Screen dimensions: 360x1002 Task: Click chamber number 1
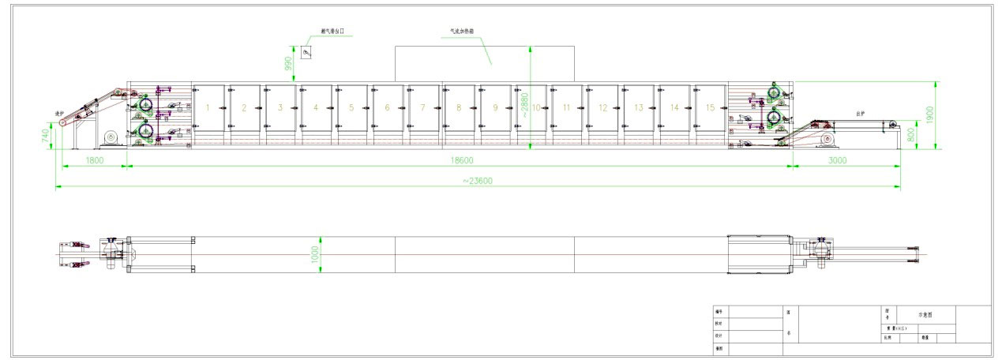click(x=207, y=107)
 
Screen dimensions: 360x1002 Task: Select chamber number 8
click(x=459, y=107)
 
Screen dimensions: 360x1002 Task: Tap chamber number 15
click(x=710, y=107)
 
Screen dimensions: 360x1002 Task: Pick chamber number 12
click(x=602, y=107)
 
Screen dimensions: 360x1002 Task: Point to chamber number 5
click(x=351, y=107)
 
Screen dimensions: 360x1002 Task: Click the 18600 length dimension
click(x=462, y=159)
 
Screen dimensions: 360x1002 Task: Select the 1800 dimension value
click(x=95, y=159)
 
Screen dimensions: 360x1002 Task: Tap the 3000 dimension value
click(x=837, y=159)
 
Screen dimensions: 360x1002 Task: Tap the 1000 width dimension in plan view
click(x=314, y=254)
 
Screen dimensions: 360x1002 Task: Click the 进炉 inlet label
click(x=58, y=113)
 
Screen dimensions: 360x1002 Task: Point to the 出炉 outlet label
click(x=861, y=114)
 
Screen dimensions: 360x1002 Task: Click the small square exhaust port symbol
click(x=306, y=52)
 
